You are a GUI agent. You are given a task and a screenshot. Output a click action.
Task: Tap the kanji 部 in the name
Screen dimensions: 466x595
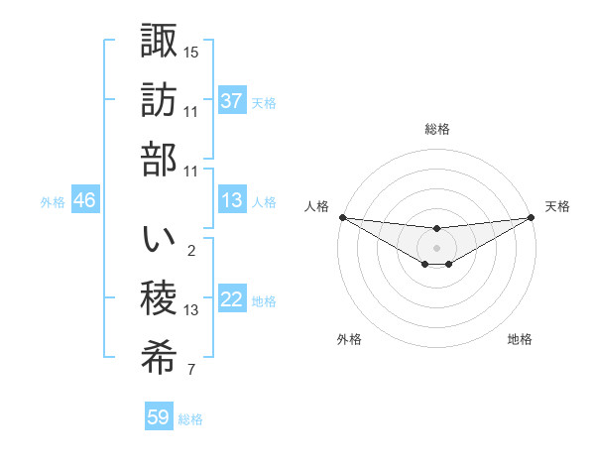point(159,159)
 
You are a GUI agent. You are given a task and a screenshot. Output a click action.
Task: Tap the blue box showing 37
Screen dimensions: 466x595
point(231,101)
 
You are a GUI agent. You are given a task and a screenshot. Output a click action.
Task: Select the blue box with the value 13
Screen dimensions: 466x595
point(231,200)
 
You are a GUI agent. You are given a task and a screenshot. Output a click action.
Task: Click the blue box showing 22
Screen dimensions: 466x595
point(231,300)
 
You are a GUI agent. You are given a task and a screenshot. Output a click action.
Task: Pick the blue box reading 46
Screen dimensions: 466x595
point(84,200)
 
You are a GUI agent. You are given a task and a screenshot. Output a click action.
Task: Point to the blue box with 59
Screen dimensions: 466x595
point(159,417)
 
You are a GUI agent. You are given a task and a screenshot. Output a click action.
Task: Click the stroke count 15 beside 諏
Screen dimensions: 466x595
point(191,51)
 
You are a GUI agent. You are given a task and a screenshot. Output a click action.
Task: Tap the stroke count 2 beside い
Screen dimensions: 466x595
point(191,250)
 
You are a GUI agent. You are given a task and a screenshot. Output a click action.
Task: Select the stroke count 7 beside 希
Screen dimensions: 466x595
point(191,371)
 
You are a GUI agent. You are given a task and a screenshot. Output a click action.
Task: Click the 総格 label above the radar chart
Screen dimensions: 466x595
point(437,130)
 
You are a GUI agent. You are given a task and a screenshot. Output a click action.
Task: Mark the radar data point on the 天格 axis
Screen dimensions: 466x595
point(532,217)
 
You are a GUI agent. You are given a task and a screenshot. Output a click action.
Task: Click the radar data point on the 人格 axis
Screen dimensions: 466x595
point(342,217)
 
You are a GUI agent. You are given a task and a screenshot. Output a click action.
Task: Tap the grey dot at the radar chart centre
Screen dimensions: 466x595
point(436,247)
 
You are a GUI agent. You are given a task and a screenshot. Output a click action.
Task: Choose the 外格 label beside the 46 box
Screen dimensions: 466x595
point(53,201)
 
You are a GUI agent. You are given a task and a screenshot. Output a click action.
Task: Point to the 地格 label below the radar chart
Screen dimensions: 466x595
point(520,339)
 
